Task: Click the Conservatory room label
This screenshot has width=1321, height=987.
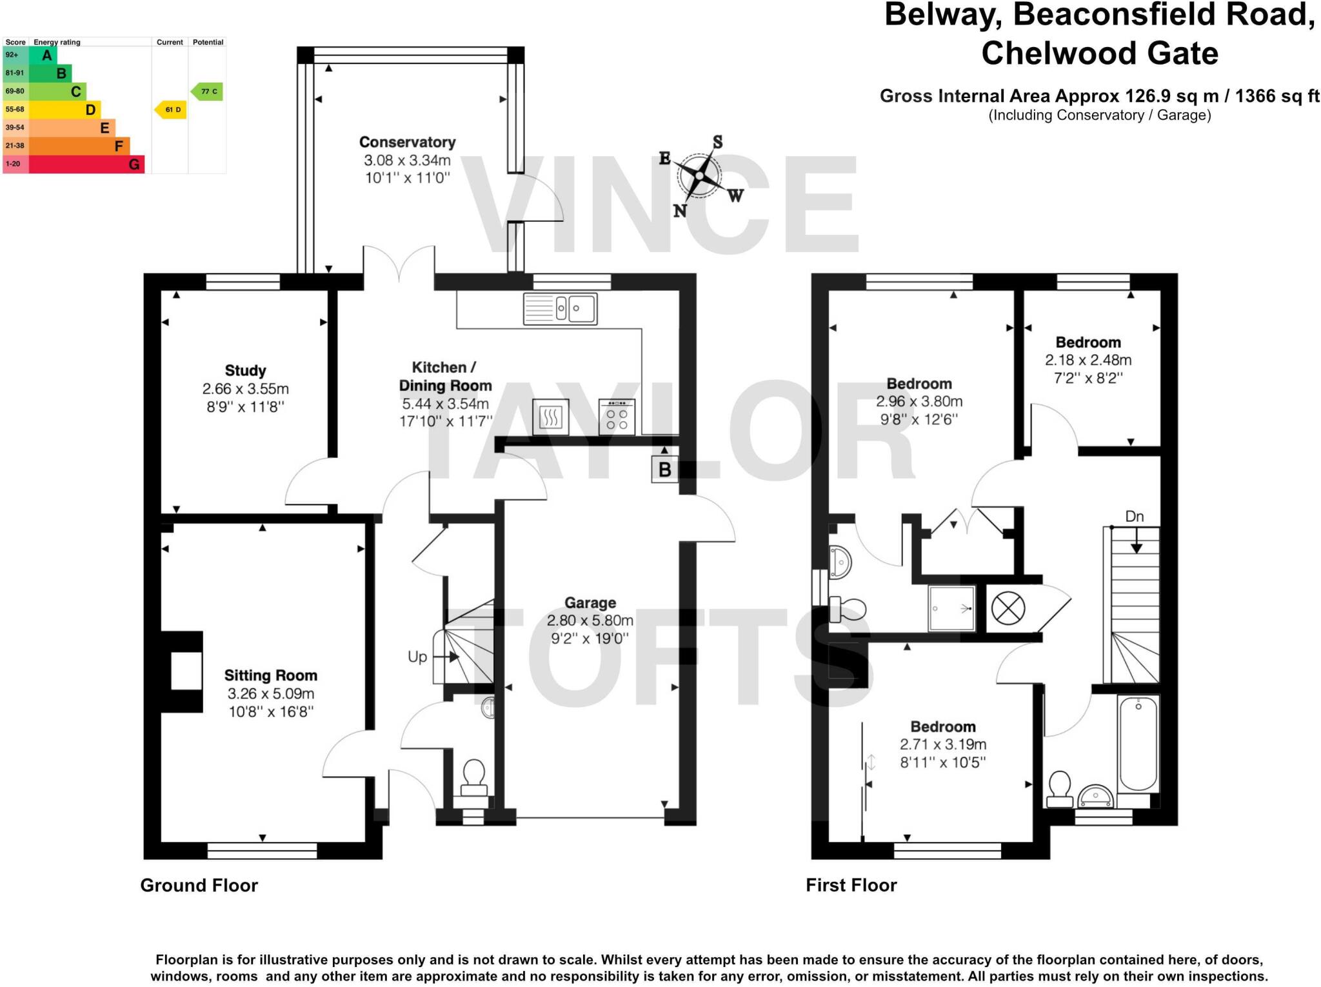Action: click(407, 142)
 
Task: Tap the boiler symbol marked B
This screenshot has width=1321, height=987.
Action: click(664, 469)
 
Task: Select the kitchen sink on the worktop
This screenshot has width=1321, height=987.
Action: click(560, 308)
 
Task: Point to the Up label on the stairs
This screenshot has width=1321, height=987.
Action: click(417, 657)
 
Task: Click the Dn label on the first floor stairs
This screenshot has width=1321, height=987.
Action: click(1134, 516)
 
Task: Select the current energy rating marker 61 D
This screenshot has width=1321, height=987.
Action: click(171, 110)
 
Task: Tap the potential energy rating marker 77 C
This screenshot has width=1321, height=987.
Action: click(208, 92)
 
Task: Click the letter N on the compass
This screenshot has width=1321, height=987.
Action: click(680, 210)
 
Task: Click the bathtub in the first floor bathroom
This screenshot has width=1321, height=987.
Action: click(1138, 743)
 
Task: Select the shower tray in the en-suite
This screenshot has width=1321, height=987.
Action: click(951, 608)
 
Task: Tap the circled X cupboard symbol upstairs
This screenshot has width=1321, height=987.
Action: click(1008, 608)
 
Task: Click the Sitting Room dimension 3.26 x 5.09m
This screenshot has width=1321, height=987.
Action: click(270, 693)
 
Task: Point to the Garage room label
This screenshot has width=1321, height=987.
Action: click(590, 603)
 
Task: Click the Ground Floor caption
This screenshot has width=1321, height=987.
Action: click(199, 885)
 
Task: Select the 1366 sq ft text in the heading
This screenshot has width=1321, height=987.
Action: click(1276, 96)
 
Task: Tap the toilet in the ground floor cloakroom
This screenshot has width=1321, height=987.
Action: click(474, 777)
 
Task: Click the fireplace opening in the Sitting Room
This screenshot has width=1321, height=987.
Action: click(186, 671)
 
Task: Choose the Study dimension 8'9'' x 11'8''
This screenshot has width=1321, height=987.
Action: click(245, 407)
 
